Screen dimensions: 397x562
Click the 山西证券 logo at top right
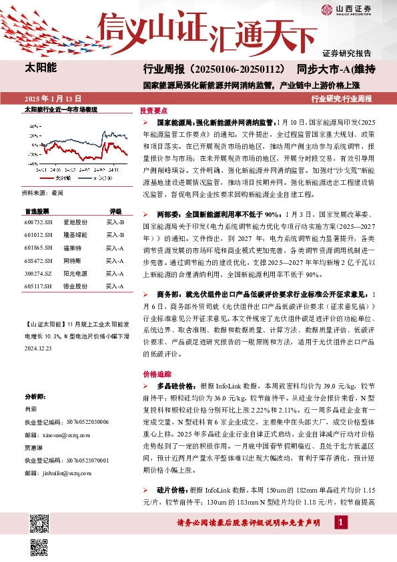coord(356,9)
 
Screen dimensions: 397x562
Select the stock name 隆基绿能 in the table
coord(75,235)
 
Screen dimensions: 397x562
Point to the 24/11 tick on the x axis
coord(113,171)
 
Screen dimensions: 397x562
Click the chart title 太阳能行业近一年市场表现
coord(61,108)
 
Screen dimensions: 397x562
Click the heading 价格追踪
coord(154,374)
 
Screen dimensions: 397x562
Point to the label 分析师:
coord(35,396)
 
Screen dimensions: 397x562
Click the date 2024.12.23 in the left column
coord(39,348)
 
